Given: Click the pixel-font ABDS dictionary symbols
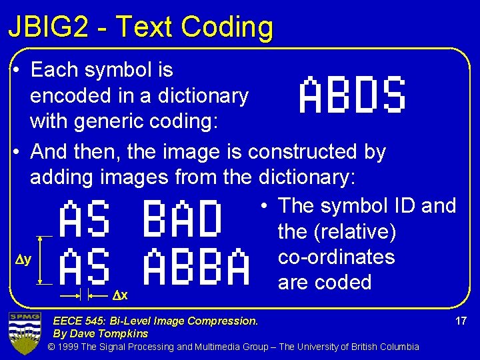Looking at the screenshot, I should [352, 95].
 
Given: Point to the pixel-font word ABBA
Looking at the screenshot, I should [197, 267].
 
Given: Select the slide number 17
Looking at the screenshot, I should [460, 321].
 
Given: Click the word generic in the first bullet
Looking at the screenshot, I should [111, 123].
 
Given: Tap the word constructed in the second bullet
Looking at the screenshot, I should [303, 152].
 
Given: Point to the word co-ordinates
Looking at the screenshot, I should [336, 257].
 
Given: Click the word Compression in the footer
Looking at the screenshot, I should [225, 321].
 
